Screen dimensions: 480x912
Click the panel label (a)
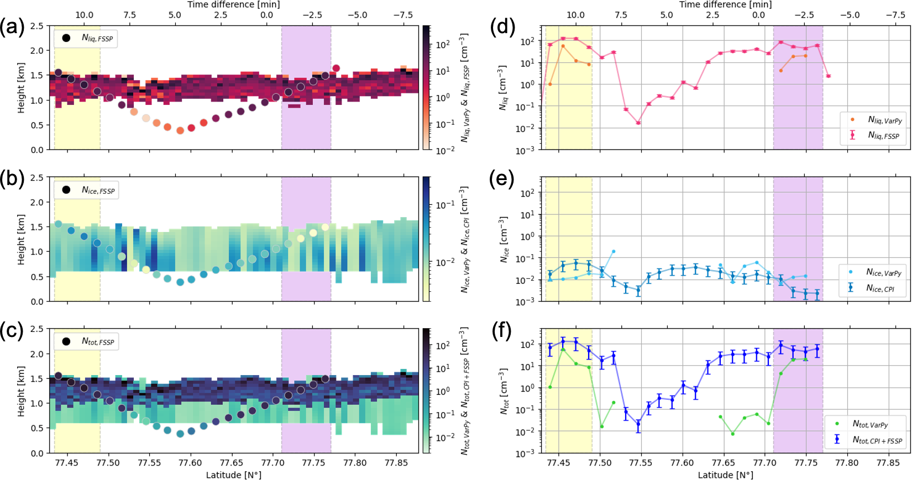pos(12,27)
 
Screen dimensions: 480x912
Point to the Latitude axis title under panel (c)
pos(234,475)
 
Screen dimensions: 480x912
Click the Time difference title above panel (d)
pos(725,4)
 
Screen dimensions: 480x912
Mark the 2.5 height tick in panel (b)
pos(36,177)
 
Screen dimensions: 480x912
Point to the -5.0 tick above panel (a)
pos(358,15)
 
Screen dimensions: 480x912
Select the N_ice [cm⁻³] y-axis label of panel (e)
pos(504,239)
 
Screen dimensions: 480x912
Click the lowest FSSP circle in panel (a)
pos(180,131)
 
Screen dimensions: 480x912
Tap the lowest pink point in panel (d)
pos(638,123)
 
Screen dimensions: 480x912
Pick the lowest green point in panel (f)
pos(733,434)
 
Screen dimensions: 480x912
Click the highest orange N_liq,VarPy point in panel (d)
pos(563,46)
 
